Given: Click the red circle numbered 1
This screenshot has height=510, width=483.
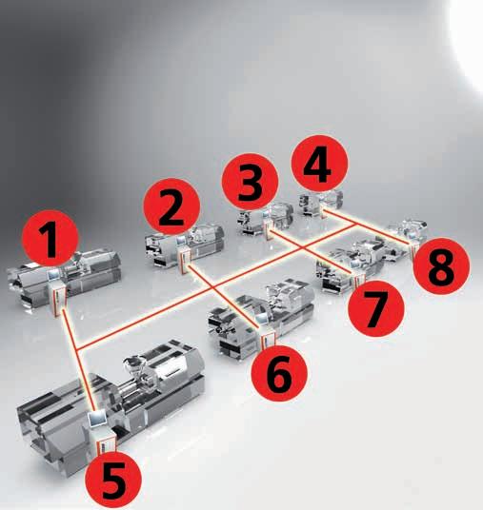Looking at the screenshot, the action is pos(50,238).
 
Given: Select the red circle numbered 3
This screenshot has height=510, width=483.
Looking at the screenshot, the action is pos(251,182).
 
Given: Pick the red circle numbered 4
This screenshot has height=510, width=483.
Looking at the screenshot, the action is pos(319,164).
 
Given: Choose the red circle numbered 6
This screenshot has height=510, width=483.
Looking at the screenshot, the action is pos(279,373).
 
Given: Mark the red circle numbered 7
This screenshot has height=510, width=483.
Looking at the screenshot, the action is pos(376,308).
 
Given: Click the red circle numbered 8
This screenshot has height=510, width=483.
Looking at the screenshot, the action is pos(442,266).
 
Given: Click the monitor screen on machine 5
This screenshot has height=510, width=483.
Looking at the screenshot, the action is pos(97,419).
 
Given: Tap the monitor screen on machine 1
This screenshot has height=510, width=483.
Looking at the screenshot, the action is pos(53,276).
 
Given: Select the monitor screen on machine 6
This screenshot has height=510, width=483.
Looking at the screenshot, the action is pos(262,319).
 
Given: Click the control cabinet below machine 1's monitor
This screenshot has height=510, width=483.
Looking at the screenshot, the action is pos(60,298).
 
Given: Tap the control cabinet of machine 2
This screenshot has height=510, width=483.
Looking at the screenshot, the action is pos(184,256).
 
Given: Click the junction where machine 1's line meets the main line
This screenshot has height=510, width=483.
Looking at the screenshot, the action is pos(78,349).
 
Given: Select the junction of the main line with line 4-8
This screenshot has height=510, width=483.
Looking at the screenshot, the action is pos(355,224).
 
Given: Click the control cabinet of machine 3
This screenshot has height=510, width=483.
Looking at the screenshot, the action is pos(270,229).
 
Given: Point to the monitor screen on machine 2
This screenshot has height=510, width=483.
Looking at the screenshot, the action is pos(181,241).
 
